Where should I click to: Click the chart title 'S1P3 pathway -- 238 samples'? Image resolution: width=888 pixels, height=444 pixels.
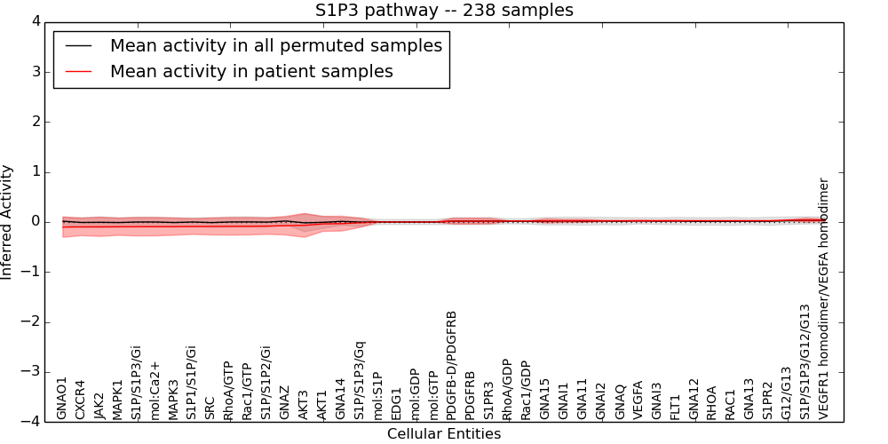pyautogui.click(x=444, y=11)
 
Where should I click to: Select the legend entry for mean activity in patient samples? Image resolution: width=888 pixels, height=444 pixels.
pyautogui.click(x=251, y=71)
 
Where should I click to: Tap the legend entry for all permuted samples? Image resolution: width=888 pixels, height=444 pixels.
pyautogui.click(x=275, y=45)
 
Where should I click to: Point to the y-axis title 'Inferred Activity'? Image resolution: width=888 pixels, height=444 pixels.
pyautogui.click(x=8, y=222)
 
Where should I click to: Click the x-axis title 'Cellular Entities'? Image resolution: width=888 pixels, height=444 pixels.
pyautogui.click(x=444, y=434)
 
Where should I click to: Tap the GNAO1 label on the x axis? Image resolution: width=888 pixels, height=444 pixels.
pyautogui.click(x=62, y=398)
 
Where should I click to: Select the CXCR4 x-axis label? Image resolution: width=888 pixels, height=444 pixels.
pyautogui.click(x=81, y=399)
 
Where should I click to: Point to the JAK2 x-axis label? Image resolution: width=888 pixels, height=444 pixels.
pyautogui.click(x=99, y=404)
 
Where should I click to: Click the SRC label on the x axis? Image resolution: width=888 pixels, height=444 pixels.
pyautogui.click(x=210, y=407)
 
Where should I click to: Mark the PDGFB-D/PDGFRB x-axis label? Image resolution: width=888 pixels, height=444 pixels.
pyautogui.click(x=452, y=365)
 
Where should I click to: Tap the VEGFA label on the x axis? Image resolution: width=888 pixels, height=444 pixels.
pyautogui.click(x=638, y=400)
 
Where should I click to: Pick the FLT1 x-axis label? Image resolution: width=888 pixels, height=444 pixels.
pyautogui.click(x=676, y=406)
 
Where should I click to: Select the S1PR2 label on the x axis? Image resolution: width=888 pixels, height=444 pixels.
pyautogui.click(x=768, y=401)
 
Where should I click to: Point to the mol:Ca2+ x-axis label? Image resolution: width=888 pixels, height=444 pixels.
pyautogui.click(x=155, y=390)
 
